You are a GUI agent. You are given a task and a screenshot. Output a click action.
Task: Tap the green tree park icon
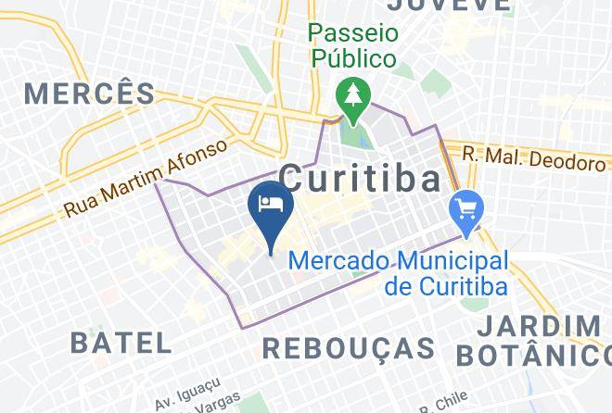[x=352, y=96]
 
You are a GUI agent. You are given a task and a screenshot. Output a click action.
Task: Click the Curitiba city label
[x=360, y=176]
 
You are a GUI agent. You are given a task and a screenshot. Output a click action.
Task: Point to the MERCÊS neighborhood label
[x=90, y=93]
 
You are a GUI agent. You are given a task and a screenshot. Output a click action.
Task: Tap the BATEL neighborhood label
[x=121, y=342]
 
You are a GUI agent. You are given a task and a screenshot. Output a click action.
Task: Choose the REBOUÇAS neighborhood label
[x=350, y=348]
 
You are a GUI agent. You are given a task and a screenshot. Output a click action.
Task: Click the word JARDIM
[x=541, y=327]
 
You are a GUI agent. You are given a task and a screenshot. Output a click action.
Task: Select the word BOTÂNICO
[x=532, y=355]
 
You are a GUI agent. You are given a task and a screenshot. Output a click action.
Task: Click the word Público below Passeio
[x=352, y=58]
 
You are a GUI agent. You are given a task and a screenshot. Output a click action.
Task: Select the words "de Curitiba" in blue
[x=445, y=285]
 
